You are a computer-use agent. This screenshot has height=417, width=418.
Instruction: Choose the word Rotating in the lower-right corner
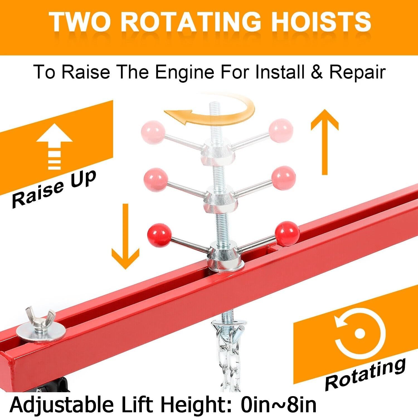click(x=365, y=374)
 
